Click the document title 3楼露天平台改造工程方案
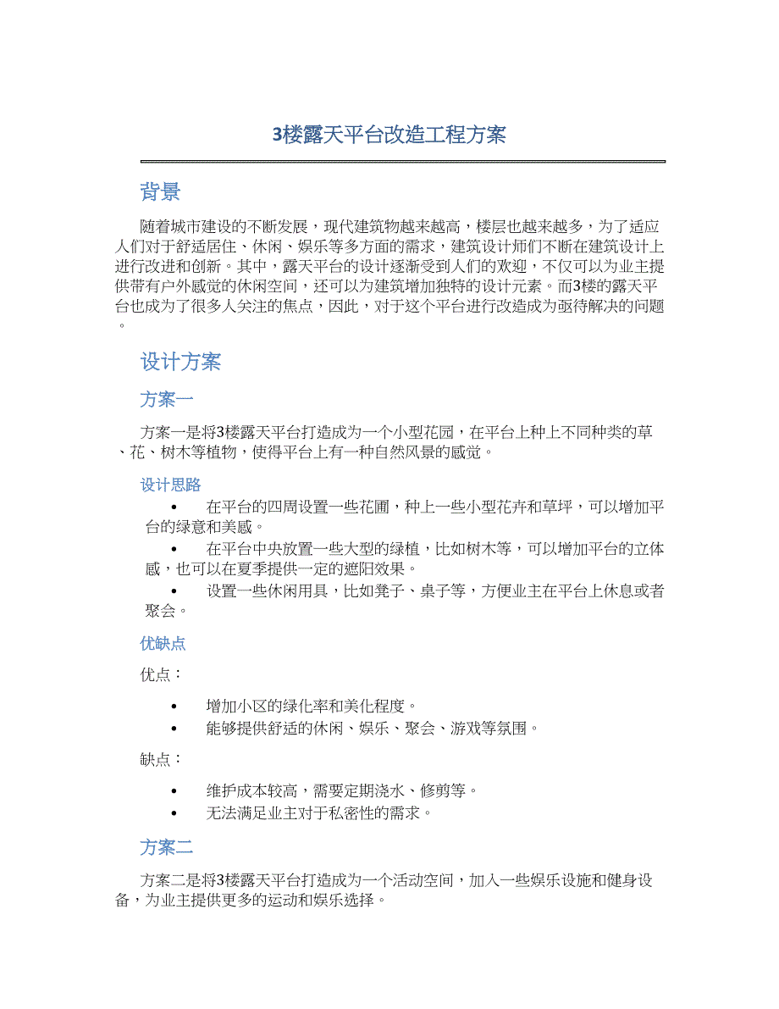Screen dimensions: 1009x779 coord(389,135)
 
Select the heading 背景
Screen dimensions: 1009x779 coord(160,192)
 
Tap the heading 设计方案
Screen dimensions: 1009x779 coord(180,362)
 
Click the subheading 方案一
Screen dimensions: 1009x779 coord(167,399)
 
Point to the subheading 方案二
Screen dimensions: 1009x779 coord(167,846)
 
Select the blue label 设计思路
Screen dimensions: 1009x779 coord(170,485)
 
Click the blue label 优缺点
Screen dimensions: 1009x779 coord(163,643)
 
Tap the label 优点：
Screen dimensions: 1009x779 coord(160,675)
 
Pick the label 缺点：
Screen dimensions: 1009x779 coord(160,759)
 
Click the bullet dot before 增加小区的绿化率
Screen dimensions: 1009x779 coord(174,706)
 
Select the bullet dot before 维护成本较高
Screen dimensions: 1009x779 coord(174,791)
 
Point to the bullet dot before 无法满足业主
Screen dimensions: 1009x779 coord(174,813)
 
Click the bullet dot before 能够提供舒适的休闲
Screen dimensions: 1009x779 coord(174,728)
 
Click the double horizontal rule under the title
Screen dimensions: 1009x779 coord(402,161)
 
